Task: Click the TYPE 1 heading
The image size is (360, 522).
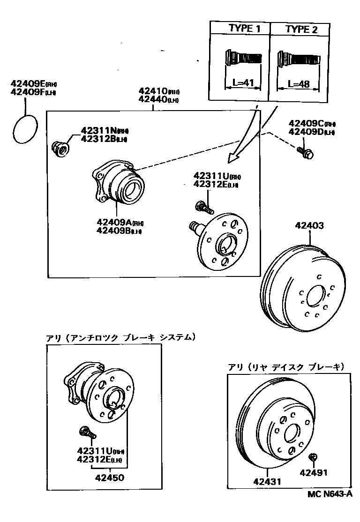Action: point(244,29)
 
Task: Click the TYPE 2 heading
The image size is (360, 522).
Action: point(301,30)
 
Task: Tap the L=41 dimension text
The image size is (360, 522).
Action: point(243,84)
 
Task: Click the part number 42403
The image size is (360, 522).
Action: point(309,226)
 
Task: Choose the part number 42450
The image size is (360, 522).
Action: point(110,478)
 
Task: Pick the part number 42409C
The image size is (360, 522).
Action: point(305,124)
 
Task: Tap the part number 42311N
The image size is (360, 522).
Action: point(97,131)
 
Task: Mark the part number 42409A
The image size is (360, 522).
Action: point(113,222)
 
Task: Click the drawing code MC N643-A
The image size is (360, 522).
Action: point(330,493)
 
